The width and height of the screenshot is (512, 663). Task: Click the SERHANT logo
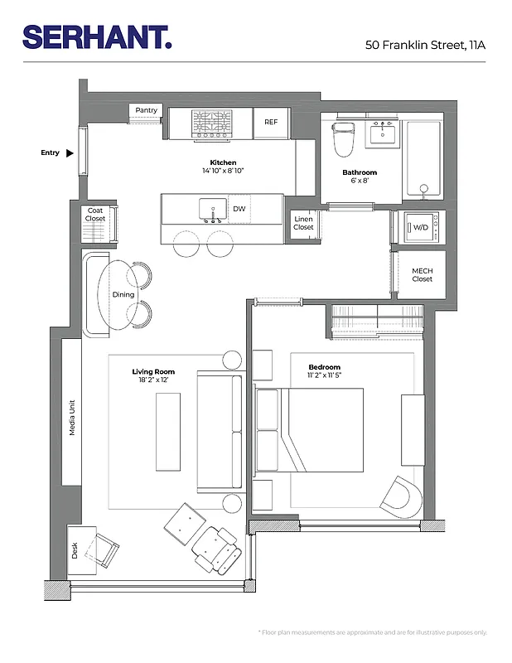(x=97, y=36)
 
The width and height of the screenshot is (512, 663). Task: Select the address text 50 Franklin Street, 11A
(x=425, y=44)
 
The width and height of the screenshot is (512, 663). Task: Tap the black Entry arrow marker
(x=70, y=152)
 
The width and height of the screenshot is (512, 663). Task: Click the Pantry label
(x=147, y=110)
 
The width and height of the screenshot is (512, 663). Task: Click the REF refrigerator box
(x=271, y=122)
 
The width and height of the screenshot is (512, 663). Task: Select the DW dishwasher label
(x=239, y=209)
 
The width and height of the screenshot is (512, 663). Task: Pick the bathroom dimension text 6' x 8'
(x=360, y=181)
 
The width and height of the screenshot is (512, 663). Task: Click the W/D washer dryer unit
(x=421, y=226)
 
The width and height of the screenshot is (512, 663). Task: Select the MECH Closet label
(x=422, y=275)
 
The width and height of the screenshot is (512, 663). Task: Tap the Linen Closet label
(x=303, y=223)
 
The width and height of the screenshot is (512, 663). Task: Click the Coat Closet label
(x=95, y=215)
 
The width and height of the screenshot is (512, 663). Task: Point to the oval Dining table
(x=122, y=294)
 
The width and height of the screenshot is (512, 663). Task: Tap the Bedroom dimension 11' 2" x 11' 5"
(x=324, y=375)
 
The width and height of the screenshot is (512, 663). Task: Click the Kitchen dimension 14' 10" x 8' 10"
(x=222, y=171)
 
